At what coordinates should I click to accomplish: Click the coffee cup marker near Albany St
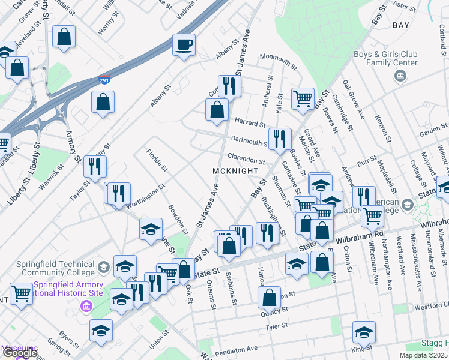184,44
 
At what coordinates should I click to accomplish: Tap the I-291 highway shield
104,80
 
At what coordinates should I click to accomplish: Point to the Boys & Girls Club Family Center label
393,58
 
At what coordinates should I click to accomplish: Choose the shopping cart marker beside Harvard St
303,98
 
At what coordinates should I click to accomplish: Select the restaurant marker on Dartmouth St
279,139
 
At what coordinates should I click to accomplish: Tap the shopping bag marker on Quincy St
270,296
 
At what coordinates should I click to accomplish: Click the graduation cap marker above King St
364,331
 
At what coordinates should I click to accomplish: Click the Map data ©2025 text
424,355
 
